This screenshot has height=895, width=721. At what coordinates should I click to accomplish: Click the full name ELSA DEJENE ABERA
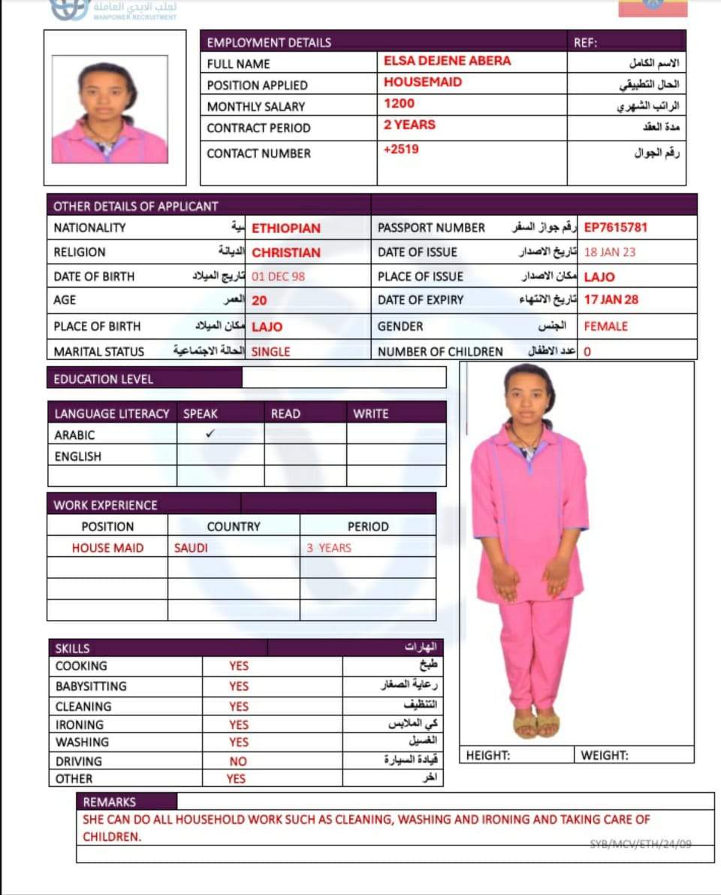447,61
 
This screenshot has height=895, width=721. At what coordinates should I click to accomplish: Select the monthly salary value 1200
399,104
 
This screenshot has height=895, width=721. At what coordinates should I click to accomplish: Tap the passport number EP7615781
615,227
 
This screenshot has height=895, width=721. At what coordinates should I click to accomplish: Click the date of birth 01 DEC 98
278,277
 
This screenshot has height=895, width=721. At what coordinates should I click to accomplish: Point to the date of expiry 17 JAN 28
611,299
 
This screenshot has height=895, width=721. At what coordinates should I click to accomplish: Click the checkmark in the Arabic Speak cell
210,434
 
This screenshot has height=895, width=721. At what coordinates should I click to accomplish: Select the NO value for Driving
238,761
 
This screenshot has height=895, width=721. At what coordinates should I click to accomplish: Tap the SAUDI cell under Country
191,548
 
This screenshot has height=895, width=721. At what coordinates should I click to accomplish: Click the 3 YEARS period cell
328,548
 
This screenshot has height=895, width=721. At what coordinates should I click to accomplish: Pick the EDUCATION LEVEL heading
104,379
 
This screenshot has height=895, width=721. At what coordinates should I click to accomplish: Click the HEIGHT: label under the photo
488,755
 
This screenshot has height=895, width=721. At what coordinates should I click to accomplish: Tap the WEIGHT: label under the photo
605,755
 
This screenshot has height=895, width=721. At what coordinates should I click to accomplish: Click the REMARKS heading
110,802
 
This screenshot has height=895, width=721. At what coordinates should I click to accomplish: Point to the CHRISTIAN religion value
285,252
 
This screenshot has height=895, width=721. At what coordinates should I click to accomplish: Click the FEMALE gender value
605,326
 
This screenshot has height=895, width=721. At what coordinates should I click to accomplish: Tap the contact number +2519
401,149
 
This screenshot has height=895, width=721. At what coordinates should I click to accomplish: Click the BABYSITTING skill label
91,686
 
